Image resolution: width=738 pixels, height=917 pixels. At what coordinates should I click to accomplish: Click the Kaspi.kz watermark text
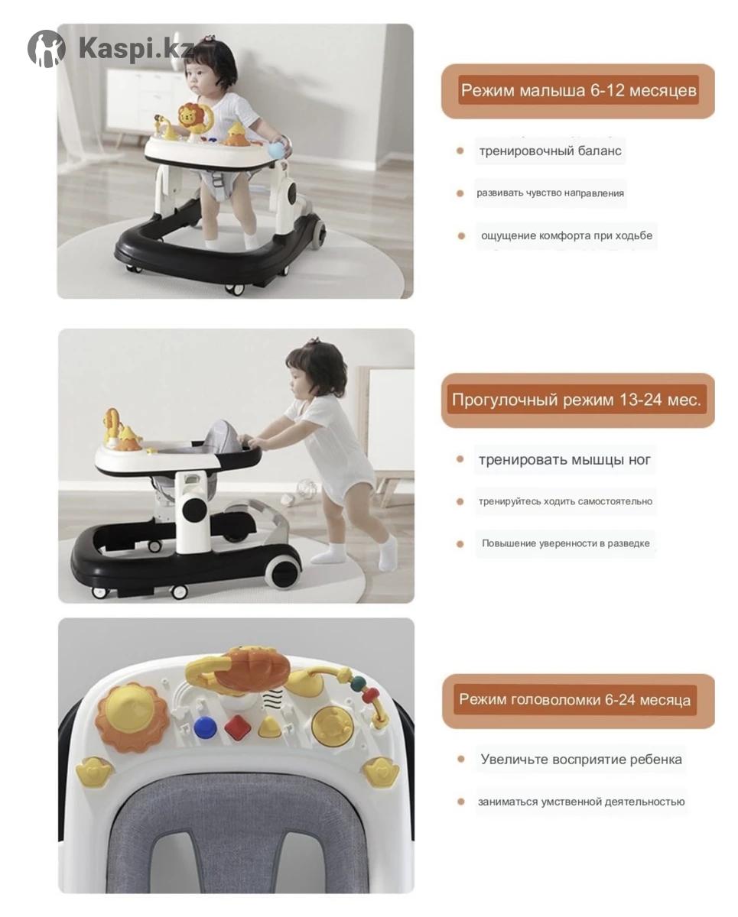[x=136, y=49]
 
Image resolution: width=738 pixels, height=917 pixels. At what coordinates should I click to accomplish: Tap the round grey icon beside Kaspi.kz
[x=47, y=49]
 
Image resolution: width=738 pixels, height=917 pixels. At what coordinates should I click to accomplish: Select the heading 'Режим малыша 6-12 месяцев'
[x=578, y=90]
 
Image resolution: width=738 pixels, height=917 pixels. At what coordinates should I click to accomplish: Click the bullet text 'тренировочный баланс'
[x=550, y=151]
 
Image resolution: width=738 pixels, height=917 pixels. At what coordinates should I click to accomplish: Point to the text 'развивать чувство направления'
[x=550, y=193]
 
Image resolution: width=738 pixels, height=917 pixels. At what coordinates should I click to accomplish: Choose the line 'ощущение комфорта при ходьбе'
[x=567, y=235]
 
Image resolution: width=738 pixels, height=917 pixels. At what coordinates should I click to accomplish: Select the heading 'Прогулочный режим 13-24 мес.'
[x=577, y=399]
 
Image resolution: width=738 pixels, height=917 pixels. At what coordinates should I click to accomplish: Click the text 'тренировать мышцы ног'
[x=564, y=459]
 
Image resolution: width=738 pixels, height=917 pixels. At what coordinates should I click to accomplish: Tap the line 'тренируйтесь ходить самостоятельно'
[x=565, y=501]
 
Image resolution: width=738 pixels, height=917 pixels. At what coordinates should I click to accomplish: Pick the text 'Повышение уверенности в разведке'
[x=566, y=543]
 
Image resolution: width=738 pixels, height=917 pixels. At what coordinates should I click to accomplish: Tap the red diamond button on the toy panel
[x=239, y=727]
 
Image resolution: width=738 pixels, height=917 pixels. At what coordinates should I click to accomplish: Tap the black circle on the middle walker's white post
[x=194, y=510]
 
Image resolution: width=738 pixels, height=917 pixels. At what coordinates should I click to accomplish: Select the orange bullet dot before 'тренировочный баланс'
[x=460, y=151]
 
